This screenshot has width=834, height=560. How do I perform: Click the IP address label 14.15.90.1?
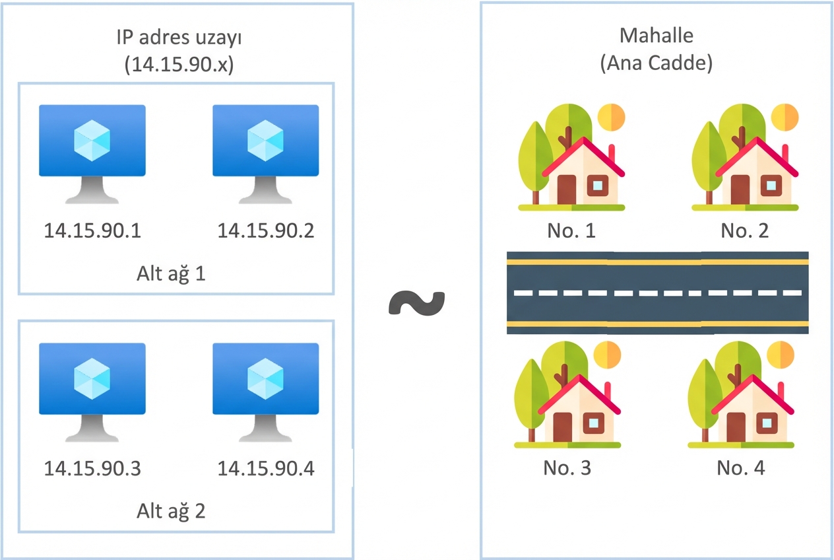click(92, 230)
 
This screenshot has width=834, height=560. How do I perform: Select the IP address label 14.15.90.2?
click(266, 230)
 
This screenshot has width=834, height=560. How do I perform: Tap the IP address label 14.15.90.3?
click(92, 468)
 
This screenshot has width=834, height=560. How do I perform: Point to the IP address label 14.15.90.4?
click(266, 468)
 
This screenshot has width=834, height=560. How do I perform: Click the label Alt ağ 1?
click(171, 273)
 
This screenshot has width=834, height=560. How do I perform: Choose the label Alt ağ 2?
click(171, 510)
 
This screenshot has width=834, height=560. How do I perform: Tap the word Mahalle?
click(656, 36)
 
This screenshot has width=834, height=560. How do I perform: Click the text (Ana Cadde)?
click(656, 64)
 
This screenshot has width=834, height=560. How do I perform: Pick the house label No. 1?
click(571, 230)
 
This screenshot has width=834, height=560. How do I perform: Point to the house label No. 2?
click(744, 230)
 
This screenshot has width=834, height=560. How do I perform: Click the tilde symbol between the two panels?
click(417, 302)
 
